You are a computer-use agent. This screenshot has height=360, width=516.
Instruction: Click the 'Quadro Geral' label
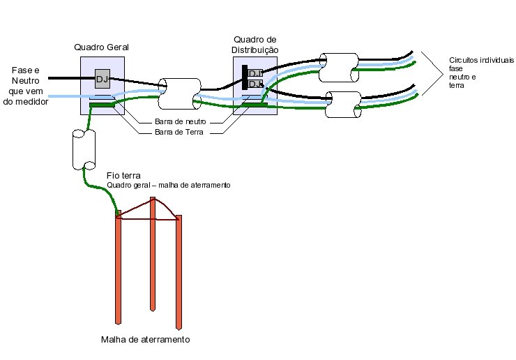point(102,47)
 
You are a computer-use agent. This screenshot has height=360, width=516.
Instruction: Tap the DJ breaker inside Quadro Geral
point(102,78)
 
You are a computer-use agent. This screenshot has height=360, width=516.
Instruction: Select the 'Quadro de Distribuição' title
point(255,45)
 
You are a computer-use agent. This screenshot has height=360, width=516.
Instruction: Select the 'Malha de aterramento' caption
point(145,340)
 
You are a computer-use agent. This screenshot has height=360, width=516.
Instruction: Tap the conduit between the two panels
point(179,93)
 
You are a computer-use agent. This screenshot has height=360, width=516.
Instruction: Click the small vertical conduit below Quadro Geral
point(83,149)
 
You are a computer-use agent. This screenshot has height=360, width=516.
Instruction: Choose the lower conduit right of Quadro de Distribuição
point(342,105)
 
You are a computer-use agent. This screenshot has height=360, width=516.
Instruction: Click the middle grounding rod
point(152,255)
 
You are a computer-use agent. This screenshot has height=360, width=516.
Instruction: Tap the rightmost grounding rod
point(179,272)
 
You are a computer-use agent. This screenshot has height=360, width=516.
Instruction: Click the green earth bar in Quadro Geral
point(101,105)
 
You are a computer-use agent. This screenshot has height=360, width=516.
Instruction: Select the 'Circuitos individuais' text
point(473,59)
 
